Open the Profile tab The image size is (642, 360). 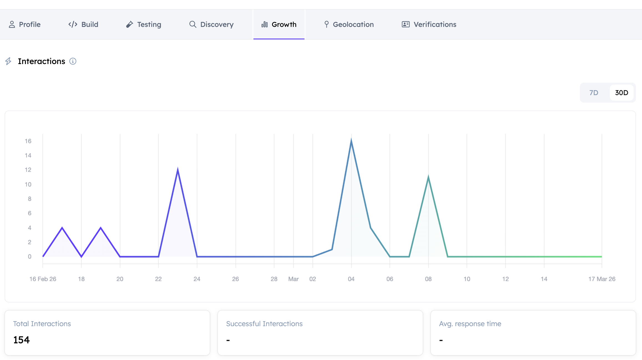click(x=25, y=24)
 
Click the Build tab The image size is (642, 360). click(x=83, y=24)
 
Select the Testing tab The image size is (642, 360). click(x=143, y=24)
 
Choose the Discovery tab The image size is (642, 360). click(x=211, y=24)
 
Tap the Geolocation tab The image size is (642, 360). click(x=349, y=24)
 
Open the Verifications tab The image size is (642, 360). click(x=429, y=24)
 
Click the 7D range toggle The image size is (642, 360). click(x=594, y=93)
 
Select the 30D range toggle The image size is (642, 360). click(x=621, y=93)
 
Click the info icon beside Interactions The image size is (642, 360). click(x=73, y=61)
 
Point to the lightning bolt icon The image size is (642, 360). click(x=8, y=61)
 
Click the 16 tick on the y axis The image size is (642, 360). click(x=28, y=141)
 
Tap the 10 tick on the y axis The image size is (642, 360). click(x=28, y=184)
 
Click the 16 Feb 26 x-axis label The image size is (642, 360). click(x=43, y=279)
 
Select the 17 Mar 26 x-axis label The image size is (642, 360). click(x=602, y=279)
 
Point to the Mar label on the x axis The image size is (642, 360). click(x=293, y=279)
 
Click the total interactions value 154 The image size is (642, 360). click(x=22, y=340)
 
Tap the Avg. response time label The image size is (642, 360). click(x=470, y=324)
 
